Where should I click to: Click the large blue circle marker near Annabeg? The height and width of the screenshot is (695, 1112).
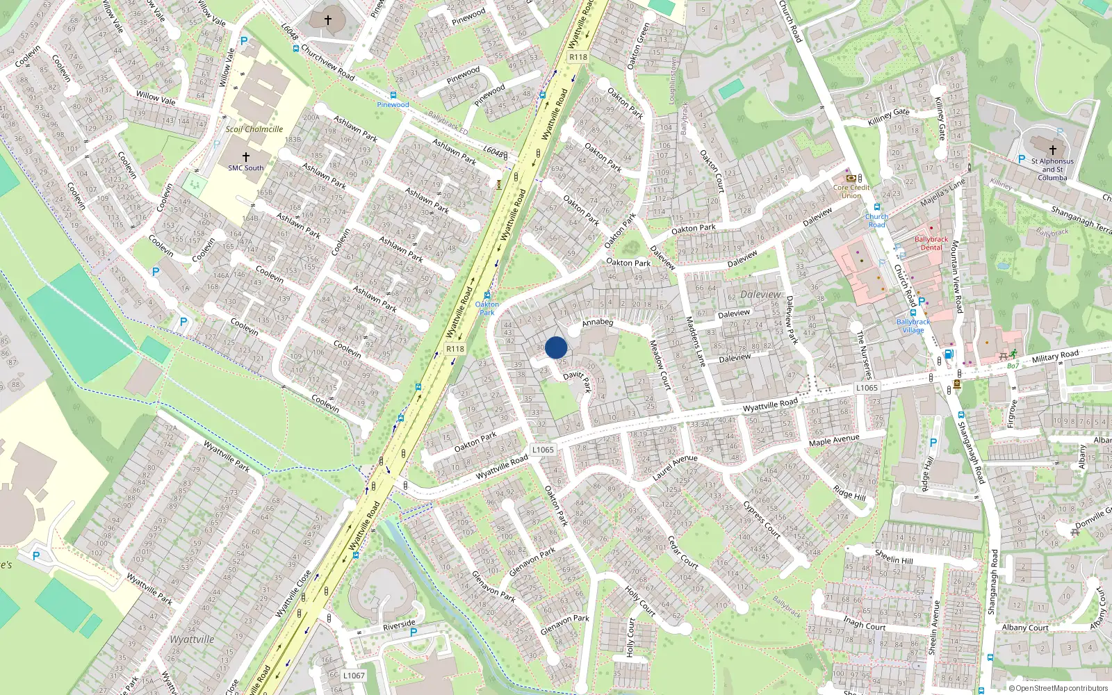tap(556, 347)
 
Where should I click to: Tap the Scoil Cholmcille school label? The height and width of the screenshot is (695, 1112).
tap(254, 129)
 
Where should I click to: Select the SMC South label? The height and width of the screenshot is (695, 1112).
tap(246, 167)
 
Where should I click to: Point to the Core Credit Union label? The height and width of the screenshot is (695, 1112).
tap(851, 191)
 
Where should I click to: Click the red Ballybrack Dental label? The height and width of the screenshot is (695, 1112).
tap(931, 243)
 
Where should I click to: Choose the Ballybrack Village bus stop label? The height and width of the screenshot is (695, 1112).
tap(913, 326)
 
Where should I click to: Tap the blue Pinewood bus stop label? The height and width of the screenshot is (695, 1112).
tap(393, 105)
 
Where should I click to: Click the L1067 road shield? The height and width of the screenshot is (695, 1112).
tap(354, 676)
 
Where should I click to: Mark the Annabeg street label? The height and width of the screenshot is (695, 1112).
tap(598, 322)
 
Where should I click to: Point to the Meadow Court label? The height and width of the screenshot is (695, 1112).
tap(660, 364)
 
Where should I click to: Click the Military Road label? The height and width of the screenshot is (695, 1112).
tap(1055, 357)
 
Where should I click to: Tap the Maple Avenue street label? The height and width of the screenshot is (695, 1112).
tap(834, 441)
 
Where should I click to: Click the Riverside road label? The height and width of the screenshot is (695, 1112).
tap(399, 625)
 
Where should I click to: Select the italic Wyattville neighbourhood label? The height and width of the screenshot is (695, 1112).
tap(192, 639)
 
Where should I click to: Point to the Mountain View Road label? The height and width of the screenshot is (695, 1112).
tap(956, 276)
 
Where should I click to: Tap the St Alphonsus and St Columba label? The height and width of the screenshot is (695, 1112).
tap(1052, 169)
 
